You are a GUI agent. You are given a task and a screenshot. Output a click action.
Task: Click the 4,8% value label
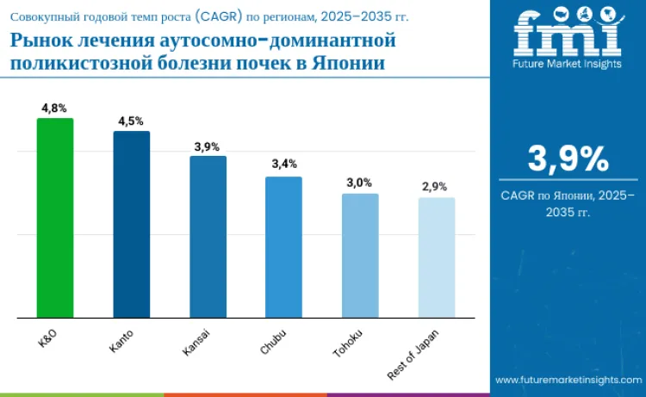tap(54, 109)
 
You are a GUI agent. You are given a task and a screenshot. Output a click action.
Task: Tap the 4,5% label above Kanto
tap(131, 121)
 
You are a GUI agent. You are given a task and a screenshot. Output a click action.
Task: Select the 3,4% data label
tap(283, 164)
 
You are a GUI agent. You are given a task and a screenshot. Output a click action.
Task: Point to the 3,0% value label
tap(359, 183)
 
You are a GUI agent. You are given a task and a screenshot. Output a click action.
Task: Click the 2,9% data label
tap(435, 187)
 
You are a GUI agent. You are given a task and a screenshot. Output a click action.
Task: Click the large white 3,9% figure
tap(568, 159)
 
